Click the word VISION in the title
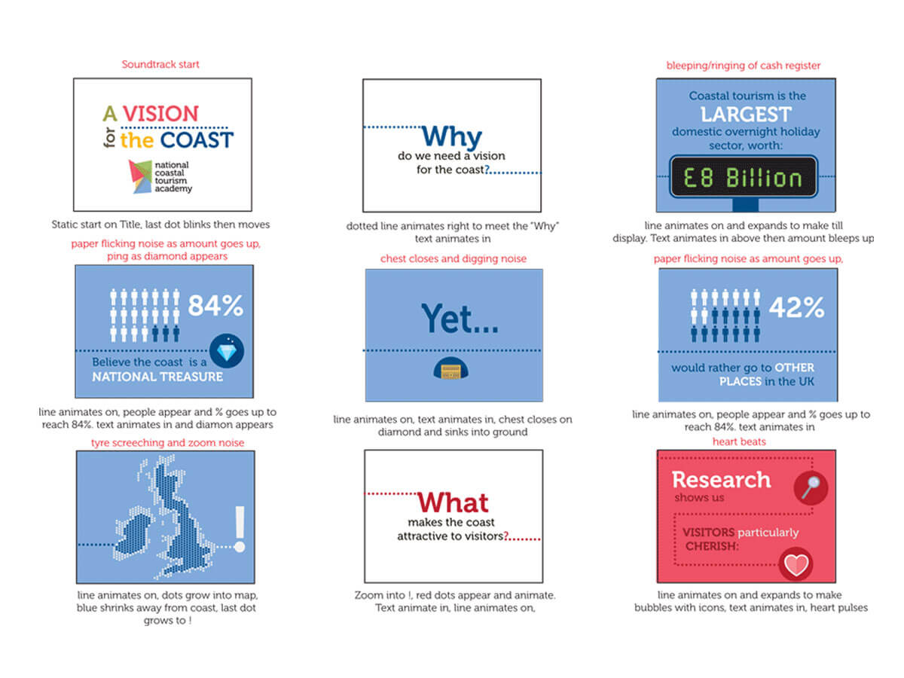point(160,113)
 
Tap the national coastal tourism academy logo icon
point(140,176)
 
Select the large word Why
point(451,136)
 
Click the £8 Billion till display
point(743,176)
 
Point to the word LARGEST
point(746,114)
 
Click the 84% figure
point(215,305)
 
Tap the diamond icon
point(227,351)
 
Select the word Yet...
point(460,318)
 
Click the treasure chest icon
point(450,368)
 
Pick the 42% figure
point(796,307)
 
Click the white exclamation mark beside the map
point(240,529)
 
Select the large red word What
point(453,502)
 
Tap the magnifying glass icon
point(811,488)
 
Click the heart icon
point(796,564)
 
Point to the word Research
point(721,480)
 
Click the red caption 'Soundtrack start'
point(160,64)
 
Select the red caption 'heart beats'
point(739,441)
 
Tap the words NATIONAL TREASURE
point(157,377)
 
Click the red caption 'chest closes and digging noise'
point(453,258)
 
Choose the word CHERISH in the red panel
point(712,546)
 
